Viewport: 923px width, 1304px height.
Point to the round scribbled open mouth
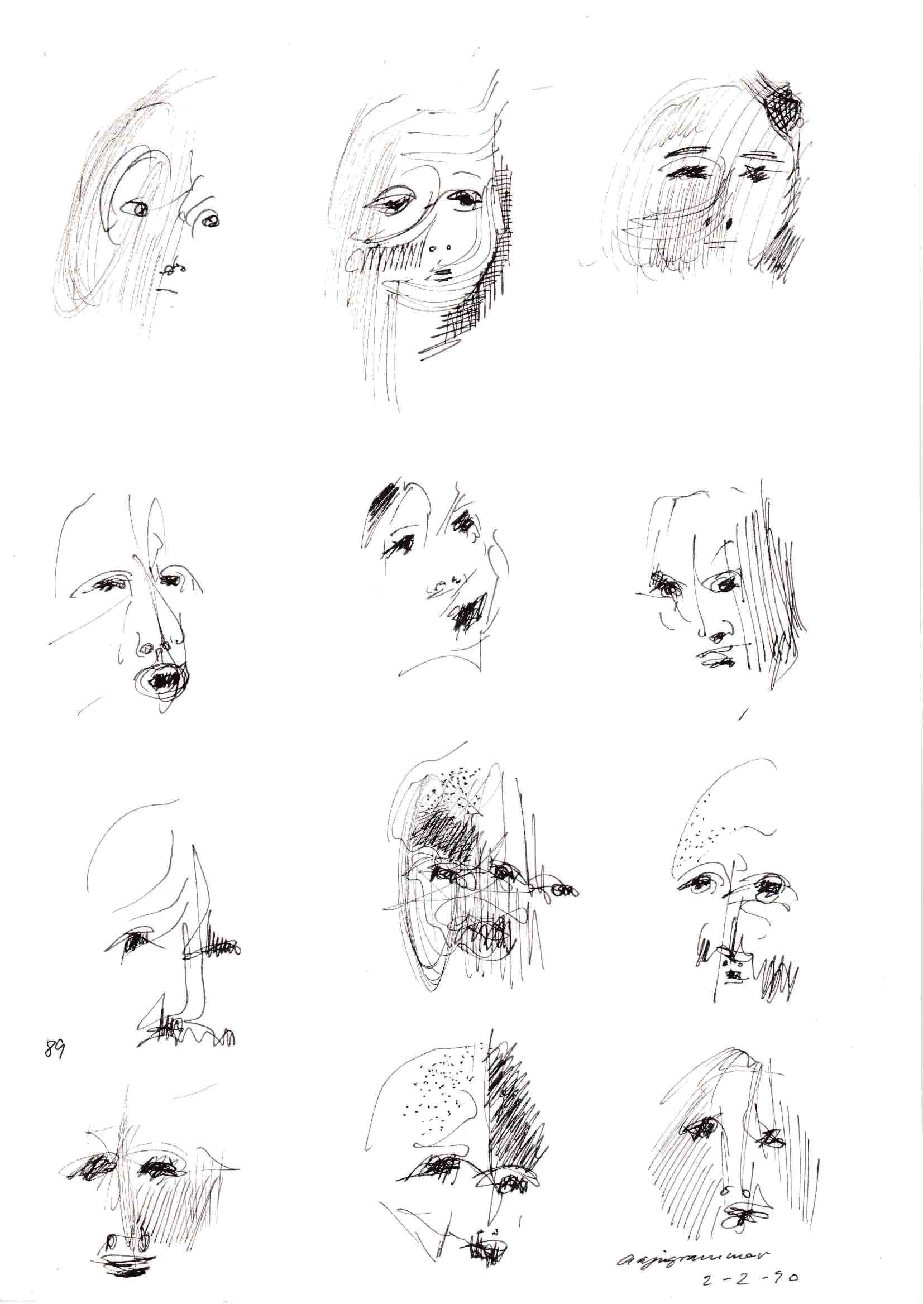point(164,677)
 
